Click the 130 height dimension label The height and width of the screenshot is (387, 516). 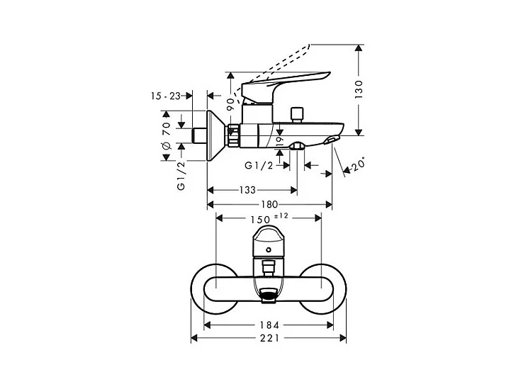(359, 89)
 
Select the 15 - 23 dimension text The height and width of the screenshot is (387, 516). (166, 96)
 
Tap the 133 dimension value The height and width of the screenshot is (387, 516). (247, 190)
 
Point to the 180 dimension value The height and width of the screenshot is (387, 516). (269, 205)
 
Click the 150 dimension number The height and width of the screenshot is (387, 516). (260, 220)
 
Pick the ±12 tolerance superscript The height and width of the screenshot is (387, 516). (281, 216)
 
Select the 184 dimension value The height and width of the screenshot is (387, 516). (269, 325)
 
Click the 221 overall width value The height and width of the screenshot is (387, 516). (269, 338)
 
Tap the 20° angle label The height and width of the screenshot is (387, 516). (358, 164)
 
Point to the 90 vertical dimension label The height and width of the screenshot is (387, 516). (230, 104)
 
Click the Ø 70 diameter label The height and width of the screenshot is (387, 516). (167, 135)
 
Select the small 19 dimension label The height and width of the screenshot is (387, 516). (280, 142)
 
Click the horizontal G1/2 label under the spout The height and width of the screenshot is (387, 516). (259, 166)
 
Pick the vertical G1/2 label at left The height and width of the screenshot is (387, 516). (181, 176)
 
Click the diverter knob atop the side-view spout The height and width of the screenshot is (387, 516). (298, 115)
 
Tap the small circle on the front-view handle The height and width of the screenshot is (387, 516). (269, 249)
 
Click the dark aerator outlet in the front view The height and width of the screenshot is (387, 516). (269, 295)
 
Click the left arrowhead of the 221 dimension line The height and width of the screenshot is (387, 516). (194, 338)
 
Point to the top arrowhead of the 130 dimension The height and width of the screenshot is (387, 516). (359, 48)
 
